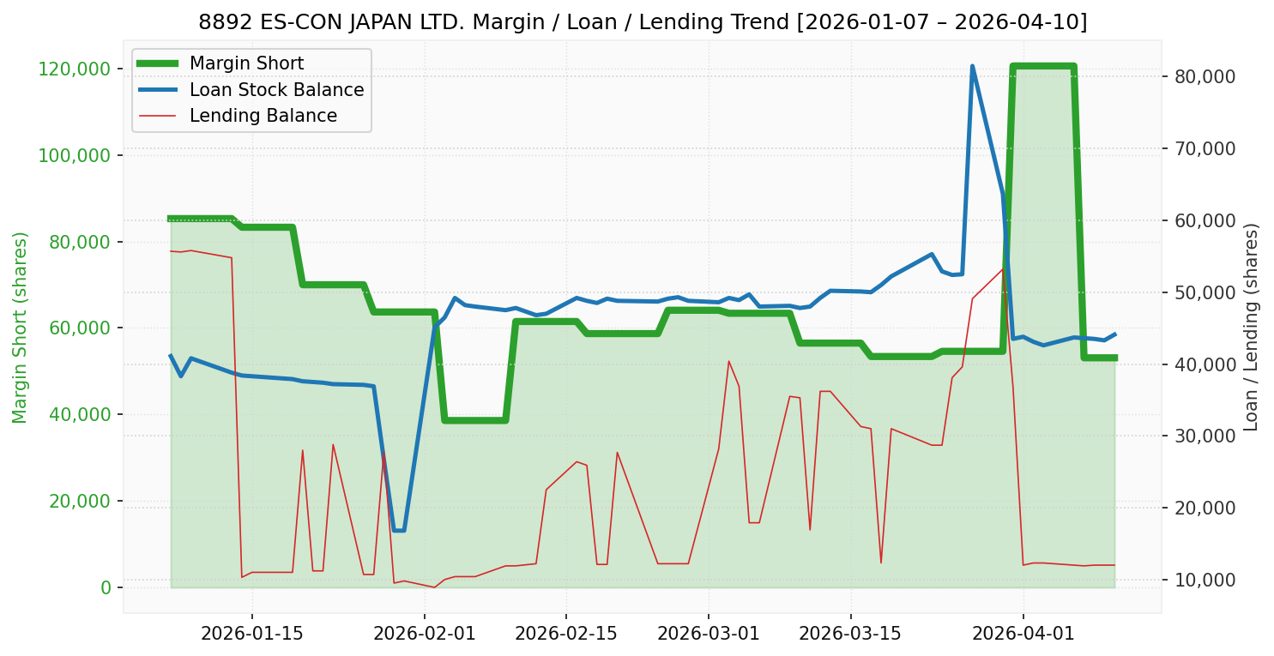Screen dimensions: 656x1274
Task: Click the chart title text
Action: (x=643, y=21)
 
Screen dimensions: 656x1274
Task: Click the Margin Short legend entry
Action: (x=246, y=63)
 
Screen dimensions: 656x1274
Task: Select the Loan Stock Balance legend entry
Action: (x=276, y=90)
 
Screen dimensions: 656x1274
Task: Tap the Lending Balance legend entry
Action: (x=263, y=116)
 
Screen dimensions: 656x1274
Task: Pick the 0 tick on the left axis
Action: (x=106, y=587)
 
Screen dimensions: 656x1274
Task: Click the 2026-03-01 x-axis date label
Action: (x=709, y=633)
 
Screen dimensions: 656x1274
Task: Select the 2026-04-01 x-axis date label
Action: (x=1023, y=633)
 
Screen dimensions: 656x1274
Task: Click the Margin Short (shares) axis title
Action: (x=21, y=328)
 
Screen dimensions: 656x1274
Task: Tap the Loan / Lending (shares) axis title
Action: (x=1251, y=328)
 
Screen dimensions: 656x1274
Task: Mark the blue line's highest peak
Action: (x=972, y=66)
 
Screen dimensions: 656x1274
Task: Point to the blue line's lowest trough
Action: (x=399, y=530)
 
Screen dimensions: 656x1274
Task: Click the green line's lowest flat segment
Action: (x=474, y=420)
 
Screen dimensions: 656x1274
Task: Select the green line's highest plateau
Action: (x=1043, y=66)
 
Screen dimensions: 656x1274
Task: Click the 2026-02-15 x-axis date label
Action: (x=566, y=633)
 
